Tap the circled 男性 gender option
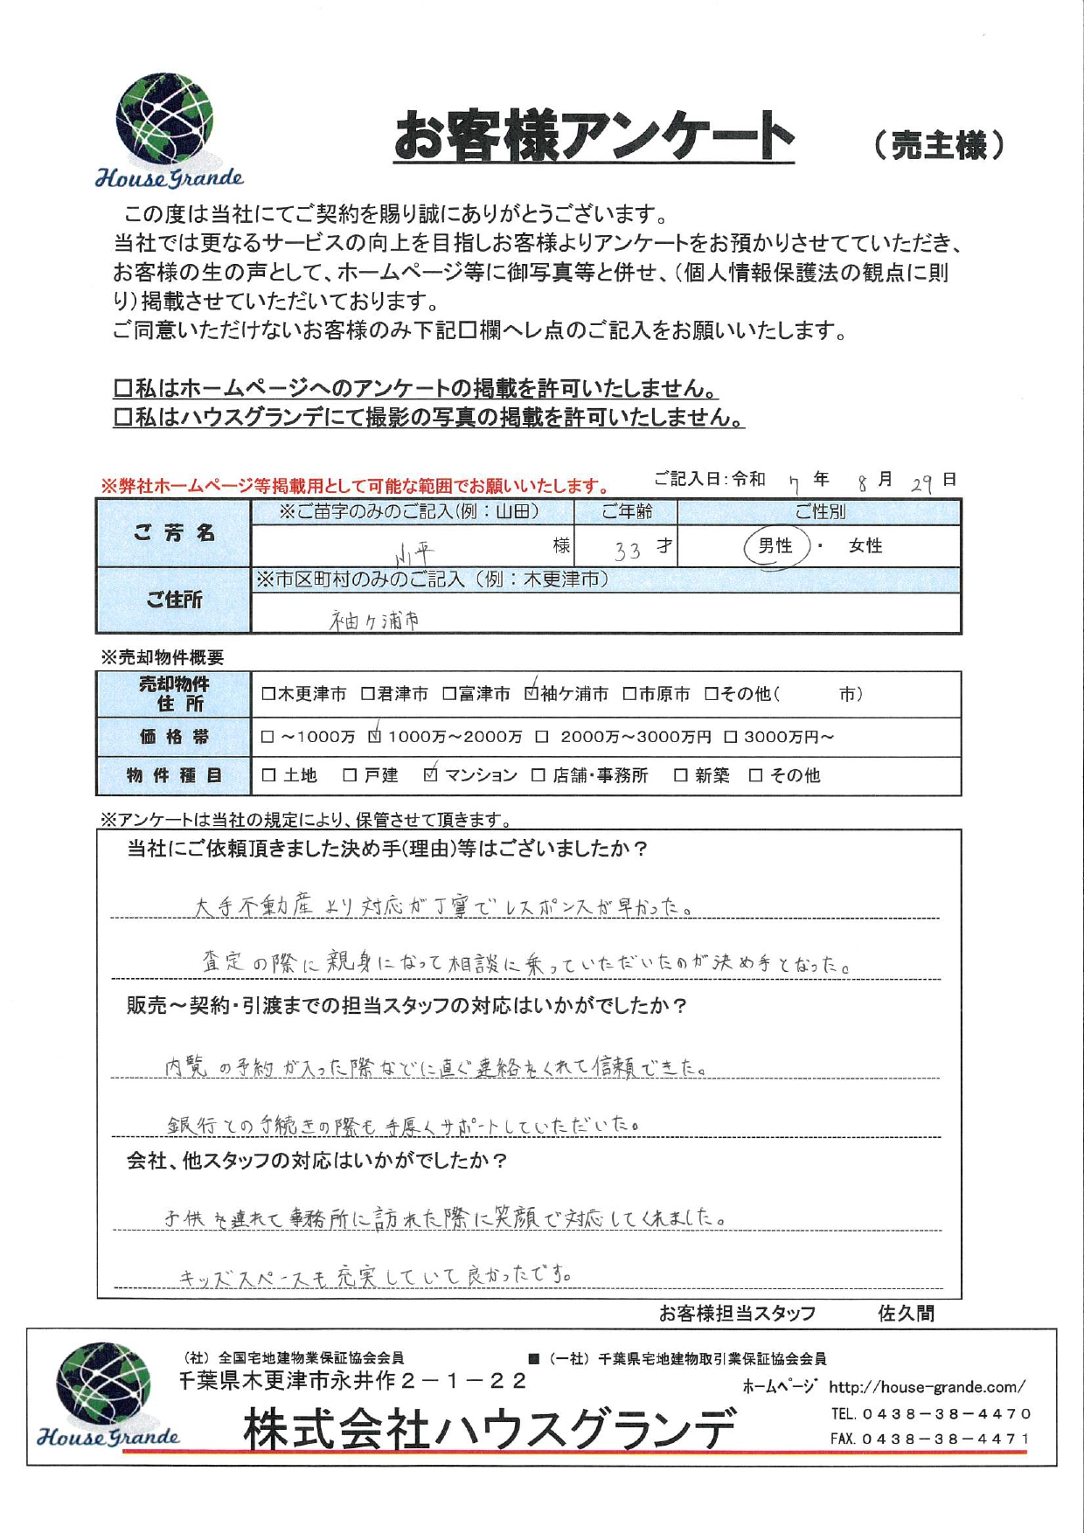(x=775, y=546)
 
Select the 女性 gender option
(x=865, y=546)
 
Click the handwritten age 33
(x=628, y=550)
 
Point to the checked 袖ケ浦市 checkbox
(x=532, y=694)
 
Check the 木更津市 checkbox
(x=268, y=694)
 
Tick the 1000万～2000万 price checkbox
(x=375, y=737)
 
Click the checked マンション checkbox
(x=430, y=775)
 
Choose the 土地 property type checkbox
(x=268, y=775)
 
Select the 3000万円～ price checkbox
(x=731, y=737)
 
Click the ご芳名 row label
(x=174, y=533)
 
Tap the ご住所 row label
(x=174, y=600)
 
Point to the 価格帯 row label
(x=174, y=737)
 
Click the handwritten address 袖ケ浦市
(x=375, y=620)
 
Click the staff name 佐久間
(x=906, y=1314)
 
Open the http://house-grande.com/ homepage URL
(x=927, y=1387)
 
